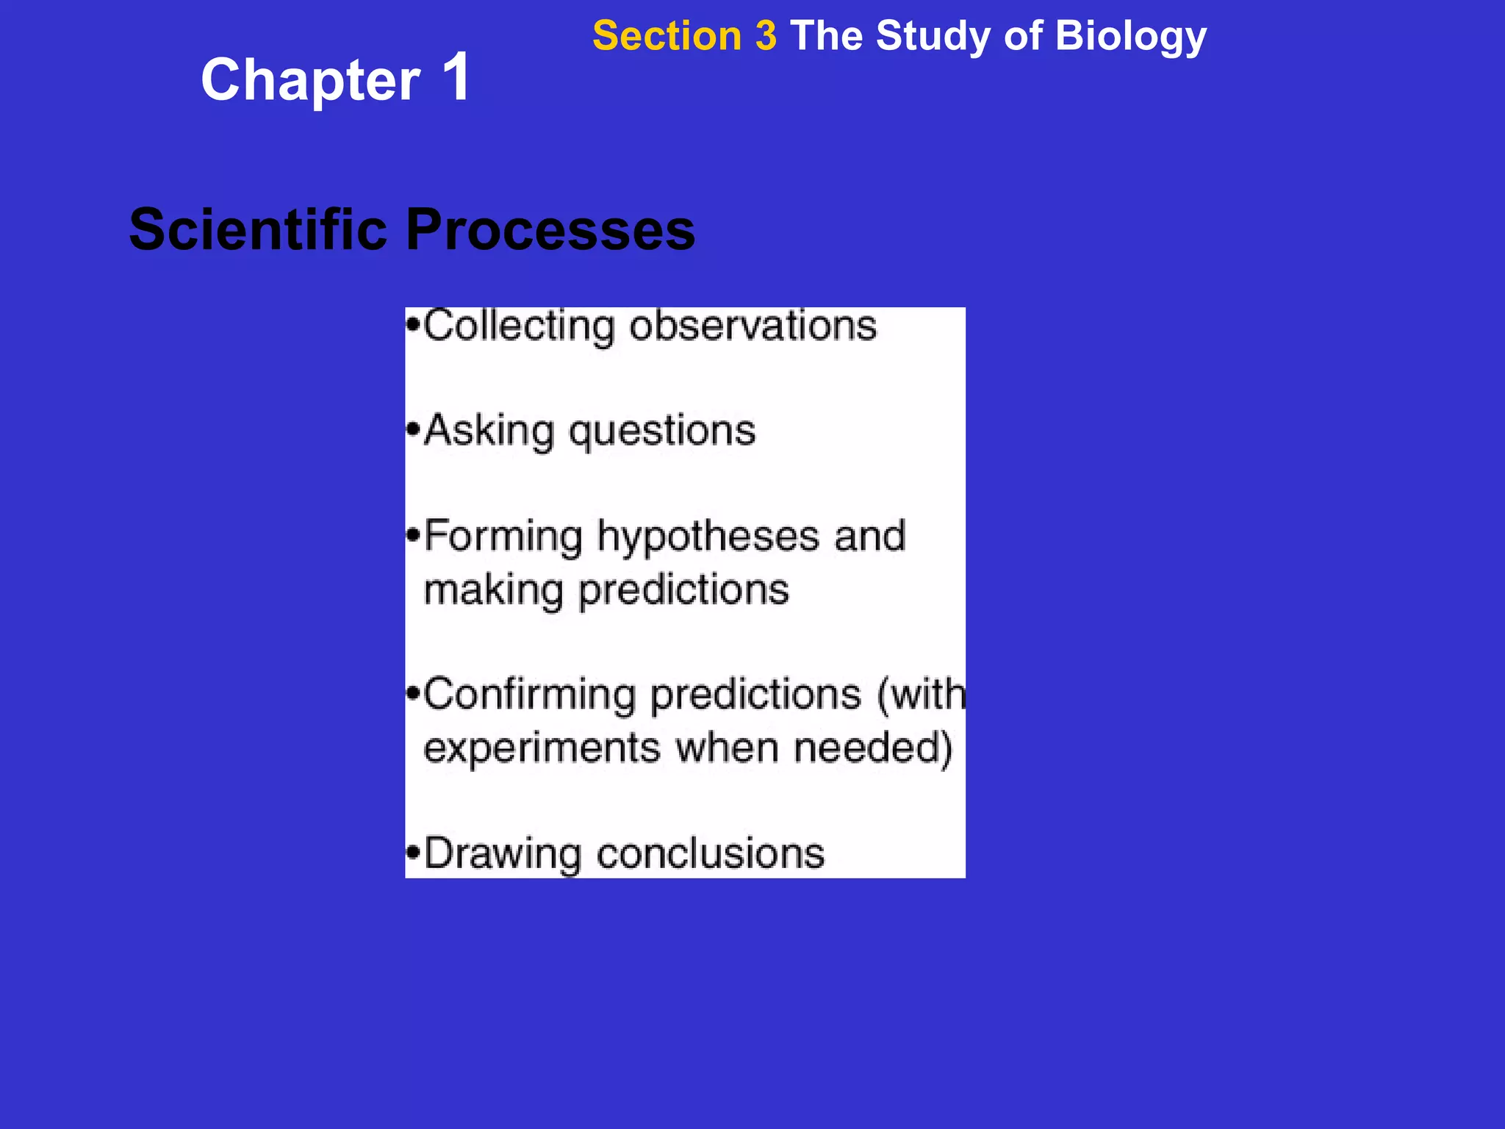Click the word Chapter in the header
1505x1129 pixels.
pos(310,81)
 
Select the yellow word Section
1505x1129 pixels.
pos(667,36)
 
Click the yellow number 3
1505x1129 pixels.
pos(765,36)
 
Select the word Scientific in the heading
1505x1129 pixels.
pos(258,229)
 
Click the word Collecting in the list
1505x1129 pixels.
pos(519,326)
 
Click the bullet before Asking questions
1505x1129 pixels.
pos(414,429)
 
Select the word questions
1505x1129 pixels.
pos(662,432)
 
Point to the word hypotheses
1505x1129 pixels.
pos(708,537)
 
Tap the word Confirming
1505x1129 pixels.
pos(529,695)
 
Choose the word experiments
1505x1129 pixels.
pos(542,748)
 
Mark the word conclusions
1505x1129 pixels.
pos(710,855)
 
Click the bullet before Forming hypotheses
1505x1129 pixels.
pos(414,535)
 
